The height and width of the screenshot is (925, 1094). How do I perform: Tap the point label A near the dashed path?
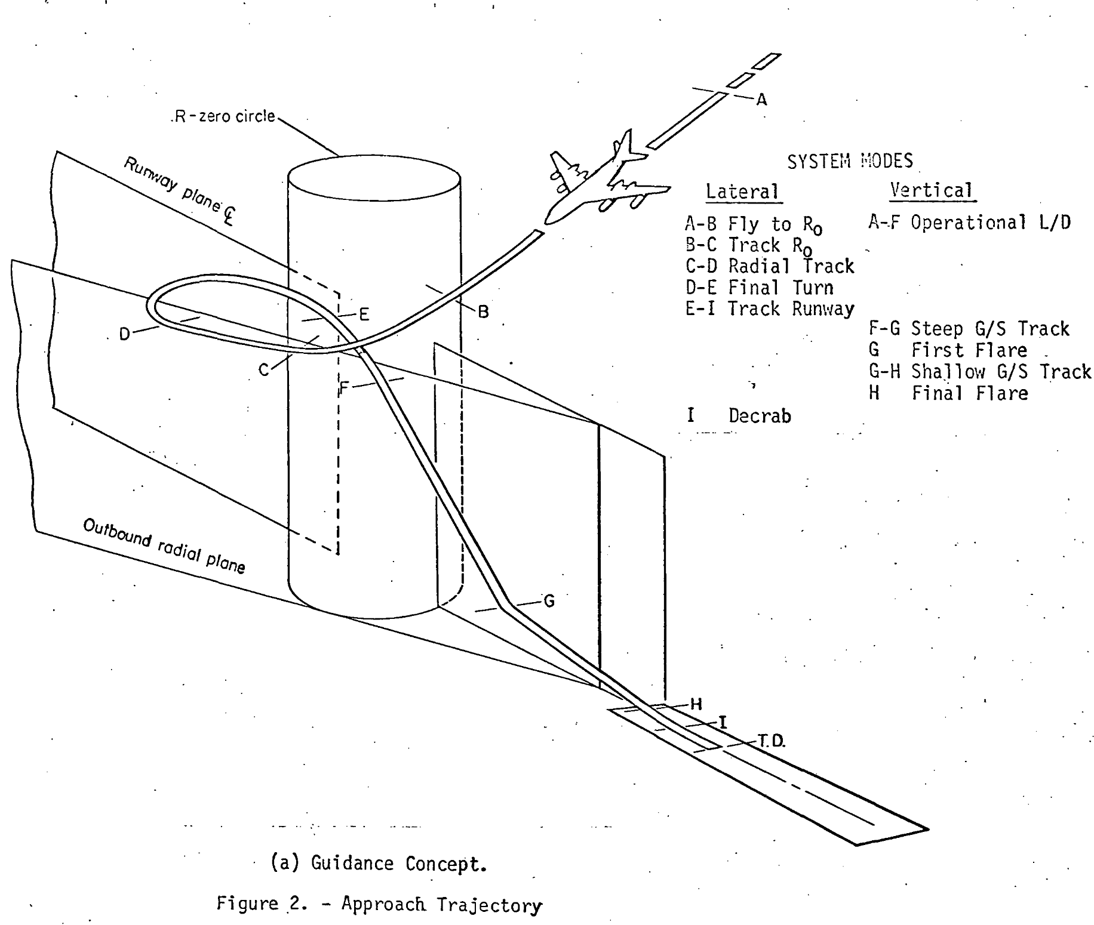pos(761,100)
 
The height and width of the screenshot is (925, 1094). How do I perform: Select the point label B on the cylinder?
pos(484,312)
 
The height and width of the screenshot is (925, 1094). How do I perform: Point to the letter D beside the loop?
pos(124,334)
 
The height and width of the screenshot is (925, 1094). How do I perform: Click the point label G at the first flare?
pos(549,601)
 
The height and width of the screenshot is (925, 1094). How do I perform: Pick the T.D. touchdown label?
pos(772,741)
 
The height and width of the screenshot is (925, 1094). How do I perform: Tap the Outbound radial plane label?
pos(164,545)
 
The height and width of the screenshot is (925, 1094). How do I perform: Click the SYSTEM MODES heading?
pos(850,161)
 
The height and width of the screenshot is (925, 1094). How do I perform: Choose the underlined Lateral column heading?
pos(742,192)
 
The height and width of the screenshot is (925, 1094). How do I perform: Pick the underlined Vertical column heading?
pos(931,190)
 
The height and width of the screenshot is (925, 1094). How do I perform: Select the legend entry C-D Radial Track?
pos(770,266)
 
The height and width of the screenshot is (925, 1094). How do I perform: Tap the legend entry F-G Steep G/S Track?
pos(969,329)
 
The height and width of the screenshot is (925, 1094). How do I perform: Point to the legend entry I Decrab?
pos(739,415)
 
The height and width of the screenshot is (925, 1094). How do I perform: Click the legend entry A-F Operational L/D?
pos(969,223)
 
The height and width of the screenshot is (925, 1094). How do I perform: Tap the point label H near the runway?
pos(696,704)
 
